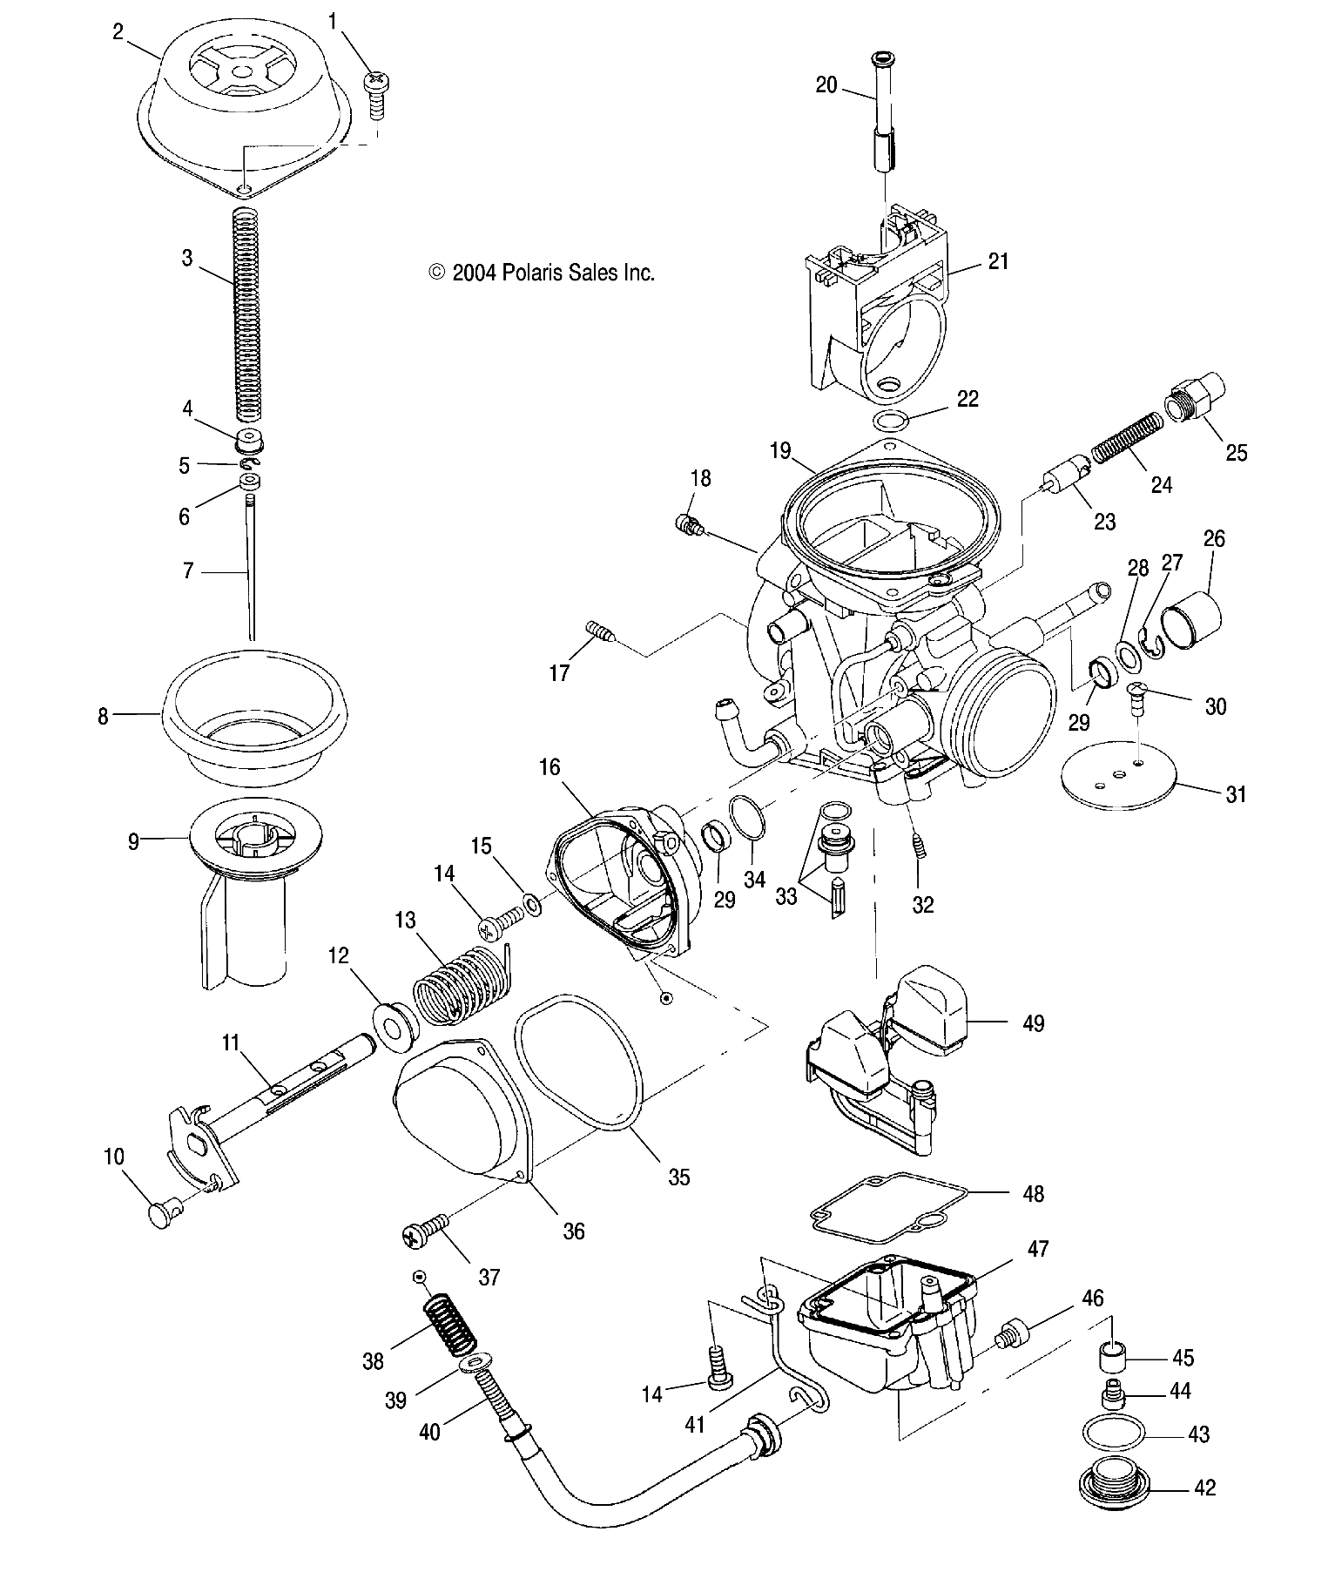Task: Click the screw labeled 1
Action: point(376,94)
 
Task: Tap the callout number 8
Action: point(103,717)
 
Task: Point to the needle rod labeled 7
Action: point(250,575)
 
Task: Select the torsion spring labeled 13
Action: point(460,984)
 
